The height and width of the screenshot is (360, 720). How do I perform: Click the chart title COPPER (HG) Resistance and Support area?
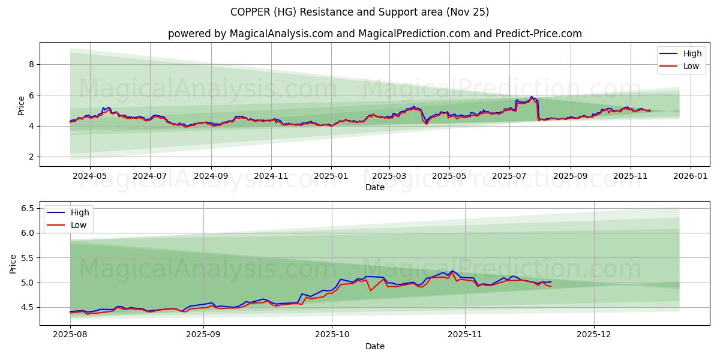point(359,12)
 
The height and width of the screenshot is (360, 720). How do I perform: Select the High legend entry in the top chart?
point(692,54)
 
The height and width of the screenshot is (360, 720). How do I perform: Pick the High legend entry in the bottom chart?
point(79,212)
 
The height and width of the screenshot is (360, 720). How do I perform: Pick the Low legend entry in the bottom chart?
point(79,225)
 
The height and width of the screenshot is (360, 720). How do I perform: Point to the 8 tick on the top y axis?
point(32,64)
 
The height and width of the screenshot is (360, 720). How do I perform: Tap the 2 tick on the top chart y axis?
point(32,157)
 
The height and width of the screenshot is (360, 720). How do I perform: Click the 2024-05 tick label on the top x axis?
point(89,176)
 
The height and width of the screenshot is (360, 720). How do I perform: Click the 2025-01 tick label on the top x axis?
point(331,176)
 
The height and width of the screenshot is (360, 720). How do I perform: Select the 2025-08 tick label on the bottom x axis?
point(70,335)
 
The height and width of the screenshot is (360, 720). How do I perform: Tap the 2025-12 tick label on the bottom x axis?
point(594,335)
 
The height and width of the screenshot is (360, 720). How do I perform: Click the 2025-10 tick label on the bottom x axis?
point(332,335)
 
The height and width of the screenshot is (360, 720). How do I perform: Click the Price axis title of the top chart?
point(22,105)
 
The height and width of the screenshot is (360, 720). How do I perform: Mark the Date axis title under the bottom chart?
point(375,346)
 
